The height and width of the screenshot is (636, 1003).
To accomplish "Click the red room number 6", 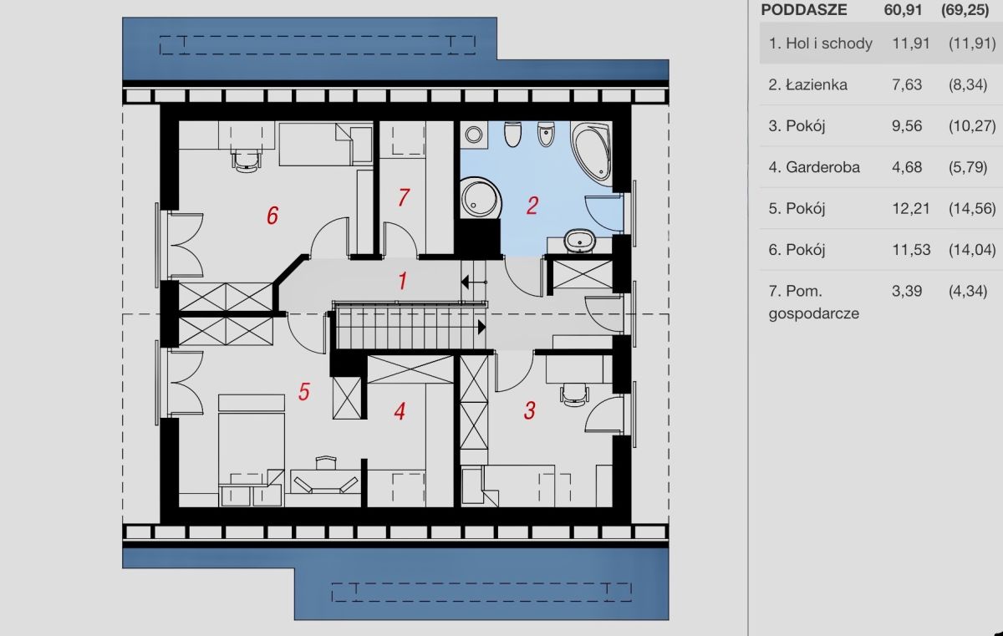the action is click(272, 216).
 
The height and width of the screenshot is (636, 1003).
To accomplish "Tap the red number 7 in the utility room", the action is click(404, 197).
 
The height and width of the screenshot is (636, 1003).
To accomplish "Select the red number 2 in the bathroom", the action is click(532, 206).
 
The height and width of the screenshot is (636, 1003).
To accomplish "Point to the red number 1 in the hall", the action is click(403, 281).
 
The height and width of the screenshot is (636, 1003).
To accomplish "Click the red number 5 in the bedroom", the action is click(304, 392).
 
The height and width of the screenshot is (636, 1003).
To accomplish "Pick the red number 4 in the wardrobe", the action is click(400, 411).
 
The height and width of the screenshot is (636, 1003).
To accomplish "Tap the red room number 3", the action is click(530, 410).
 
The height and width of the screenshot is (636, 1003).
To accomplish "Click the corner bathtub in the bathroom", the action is click(591, 152).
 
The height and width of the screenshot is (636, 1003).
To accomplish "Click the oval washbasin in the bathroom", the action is click(579, 241).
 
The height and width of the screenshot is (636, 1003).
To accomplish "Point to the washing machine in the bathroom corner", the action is click(474, 135).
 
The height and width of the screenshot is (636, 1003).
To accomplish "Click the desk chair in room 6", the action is click(246, 160).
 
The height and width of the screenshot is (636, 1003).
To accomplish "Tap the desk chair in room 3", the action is click(574, 394).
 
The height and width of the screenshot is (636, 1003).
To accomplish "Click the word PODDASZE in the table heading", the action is click(804, 10).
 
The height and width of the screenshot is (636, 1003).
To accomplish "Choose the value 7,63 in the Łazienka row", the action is click(907, 84).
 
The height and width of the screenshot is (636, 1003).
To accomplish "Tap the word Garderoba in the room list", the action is click(822, 167).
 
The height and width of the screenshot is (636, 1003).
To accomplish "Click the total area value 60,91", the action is click(903, 10).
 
